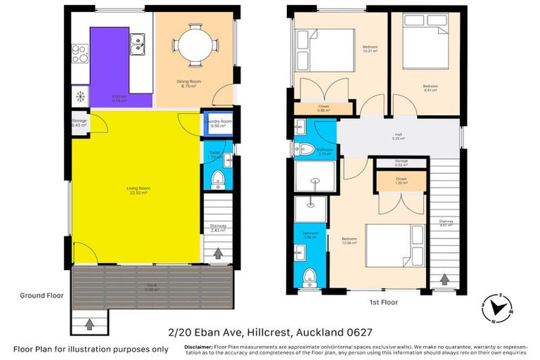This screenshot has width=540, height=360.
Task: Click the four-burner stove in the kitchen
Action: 79,50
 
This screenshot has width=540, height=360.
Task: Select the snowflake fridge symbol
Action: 80,96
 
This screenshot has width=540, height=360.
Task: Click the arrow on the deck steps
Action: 89,325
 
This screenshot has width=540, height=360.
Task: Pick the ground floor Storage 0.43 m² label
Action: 79,123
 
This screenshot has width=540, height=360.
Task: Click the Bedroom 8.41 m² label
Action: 430,88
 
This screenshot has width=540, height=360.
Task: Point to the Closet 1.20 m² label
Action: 400,181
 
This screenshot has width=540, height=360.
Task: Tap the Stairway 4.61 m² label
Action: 446,223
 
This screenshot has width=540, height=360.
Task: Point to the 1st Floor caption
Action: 383,302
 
